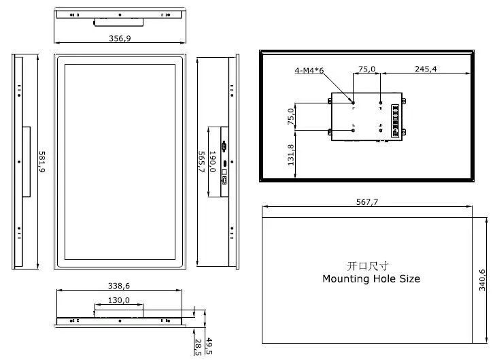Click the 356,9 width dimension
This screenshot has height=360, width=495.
click(120, 38)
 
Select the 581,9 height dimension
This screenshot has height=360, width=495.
click(41, 163)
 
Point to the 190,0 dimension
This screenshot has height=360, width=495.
click(212, 161)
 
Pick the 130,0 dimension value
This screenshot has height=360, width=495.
click(118, 299)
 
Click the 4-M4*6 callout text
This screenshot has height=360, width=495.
click(309, 71)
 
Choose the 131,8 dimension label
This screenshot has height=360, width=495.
click(291, 155)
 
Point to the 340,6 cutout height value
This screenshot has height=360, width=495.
click(482, 280)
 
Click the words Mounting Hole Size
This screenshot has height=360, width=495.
click(371, 279)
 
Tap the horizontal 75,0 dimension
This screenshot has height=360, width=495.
click(366, 69)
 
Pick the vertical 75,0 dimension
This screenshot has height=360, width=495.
click(291, 116)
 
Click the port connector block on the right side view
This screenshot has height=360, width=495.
click(224, 161)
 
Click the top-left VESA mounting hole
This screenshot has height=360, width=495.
click(353, 103)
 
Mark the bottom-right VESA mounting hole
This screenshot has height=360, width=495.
click(380, 129)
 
